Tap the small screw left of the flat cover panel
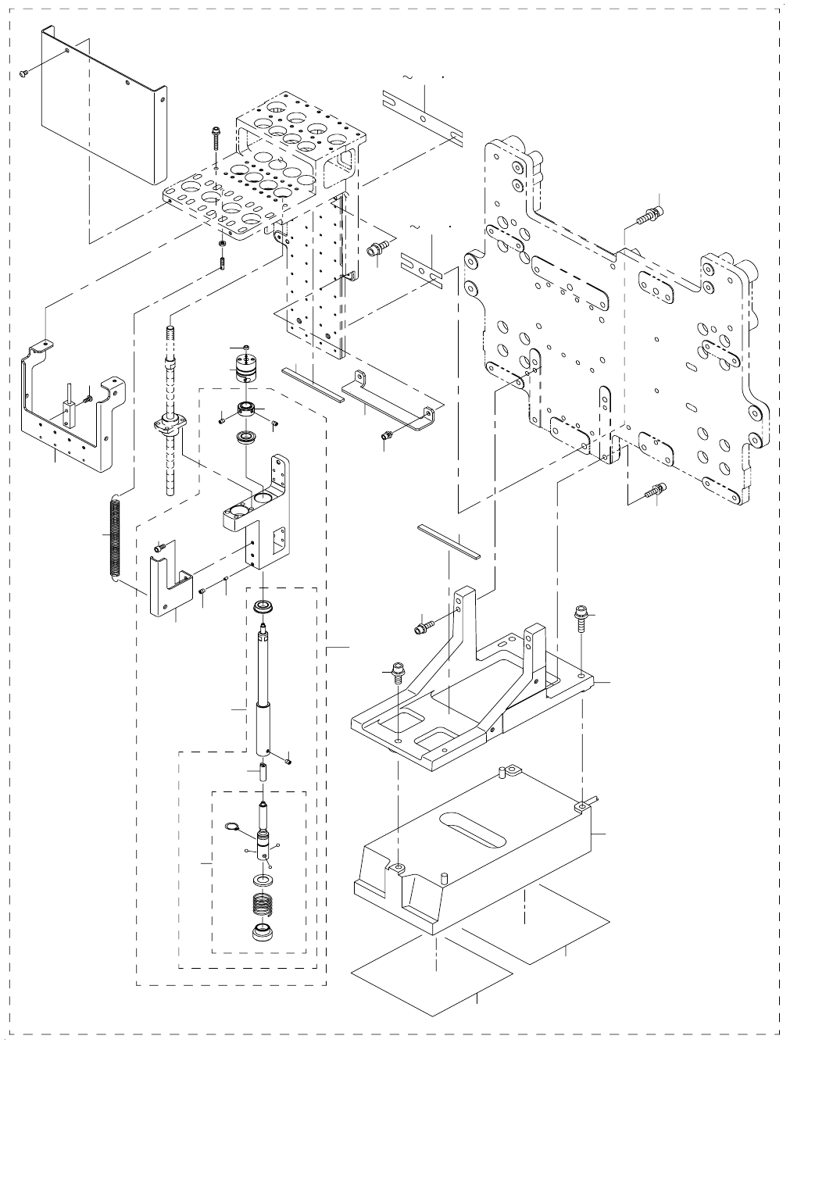(23, 73)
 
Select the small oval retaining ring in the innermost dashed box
(231, 827)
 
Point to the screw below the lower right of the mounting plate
(653, 492)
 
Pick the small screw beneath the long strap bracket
(385, 436)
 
